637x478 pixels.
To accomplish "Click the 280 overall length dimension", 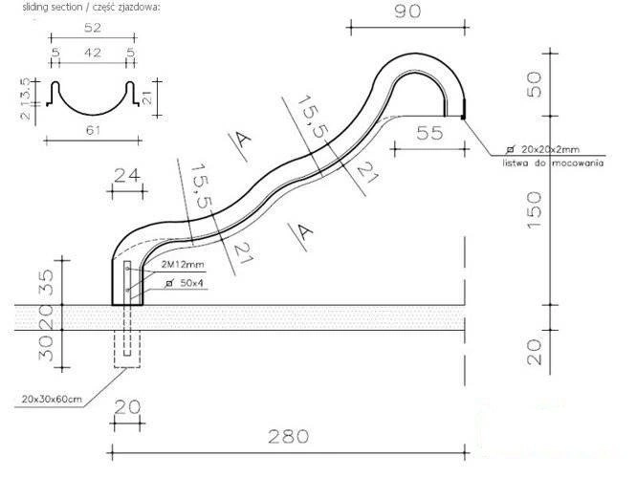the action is [x=289, y=437].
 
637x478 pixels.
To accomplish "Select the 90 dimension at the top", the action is [x=407, y=11].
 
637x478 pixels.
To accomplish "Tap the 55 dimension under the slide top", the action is [x=429, y=133].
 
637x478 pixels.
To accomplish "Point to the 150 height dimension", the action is [x=535, y=210].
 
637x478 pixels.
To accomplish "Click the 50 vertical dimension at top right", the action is [x=535, y=84].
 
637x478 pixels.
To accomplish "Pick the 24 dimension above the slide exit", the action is [x=127, y=176].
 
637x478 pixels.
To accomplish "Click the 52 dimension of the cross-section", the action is [x=93, y=28].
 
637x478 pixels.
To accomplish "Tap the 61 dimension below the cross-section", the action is [x=93, y=130].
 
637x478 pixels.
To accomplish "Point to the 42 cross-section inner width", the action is [x=93, y=53].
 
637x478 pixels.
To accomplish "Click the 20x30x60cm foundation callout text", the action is [x=52, y=400].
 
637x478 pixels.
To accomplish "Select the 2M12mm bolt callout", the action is [x=183, y=265].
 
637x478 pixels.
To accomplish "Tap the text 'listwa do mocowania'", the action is [x=554, y=163].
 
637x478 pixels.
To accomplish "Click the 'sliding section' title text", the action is [x=92, y=8].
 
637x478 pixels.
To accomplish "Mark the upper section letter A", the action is [x=243, y=141].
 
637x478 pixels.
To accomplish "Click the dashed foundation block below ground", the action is [x=127, y=348].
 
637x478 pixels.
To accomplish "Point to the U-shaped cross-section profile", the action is [x=93, y=98].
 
